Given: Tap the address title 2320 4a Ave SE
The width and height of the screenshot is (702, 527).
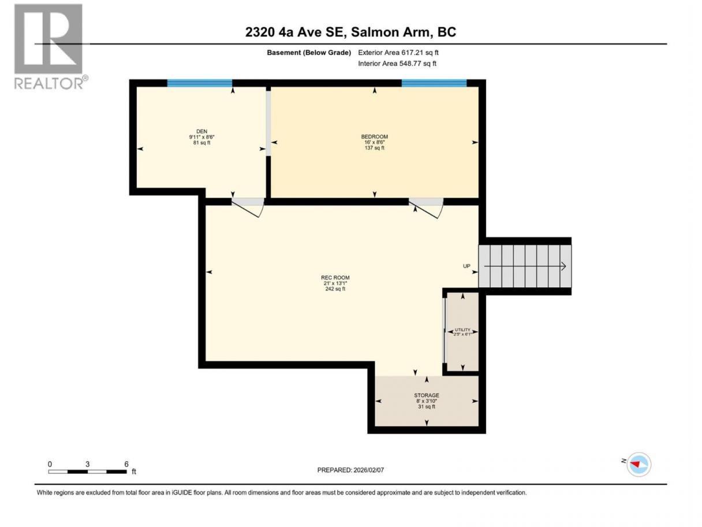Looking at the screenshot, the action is coord(296,32).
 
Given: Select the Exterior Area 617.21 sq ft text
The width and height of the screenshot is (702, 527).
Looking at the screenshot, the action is coord(398,53).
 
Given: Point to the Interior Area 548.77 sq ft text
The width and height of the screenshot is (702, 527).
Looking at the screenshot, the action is coord(397,64).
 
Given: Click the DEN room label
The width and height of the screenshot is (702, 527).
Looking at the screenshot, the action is coord(201,131).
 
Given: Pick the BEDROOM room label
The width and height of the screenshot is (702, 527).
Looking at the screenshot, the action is coord(374,136).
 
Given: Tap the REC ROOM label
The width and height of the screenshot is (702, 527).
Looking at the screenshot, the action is coord(335,277).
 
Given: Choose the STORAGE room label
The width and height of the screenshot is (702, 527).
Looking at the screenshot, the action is coord(426,395).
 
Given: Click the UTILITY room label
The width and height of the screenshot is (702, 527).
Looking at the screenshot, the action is coord(462,329).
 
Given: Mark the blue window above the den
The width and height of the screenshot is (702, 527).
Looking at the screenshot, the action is coord(200,83).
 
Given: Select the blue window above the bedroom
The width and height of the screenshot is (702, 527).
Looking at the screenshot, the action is coord(434,83).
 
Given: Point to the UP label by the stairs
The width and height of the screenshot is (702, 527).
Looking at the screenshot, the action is coord(466,266).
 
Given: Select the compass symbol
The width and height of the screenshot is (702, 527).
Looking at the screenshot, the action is coord(638,464).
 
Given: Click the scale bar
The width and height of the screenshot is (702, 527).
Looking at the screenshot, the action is coord(87,472).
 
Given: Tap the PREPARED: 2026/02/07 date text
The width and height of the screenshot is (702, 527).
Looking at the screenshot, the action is coord(350,470).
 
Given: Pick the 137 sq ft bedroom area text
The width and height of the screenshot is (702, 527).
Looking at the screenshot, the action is coord(374,148).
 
